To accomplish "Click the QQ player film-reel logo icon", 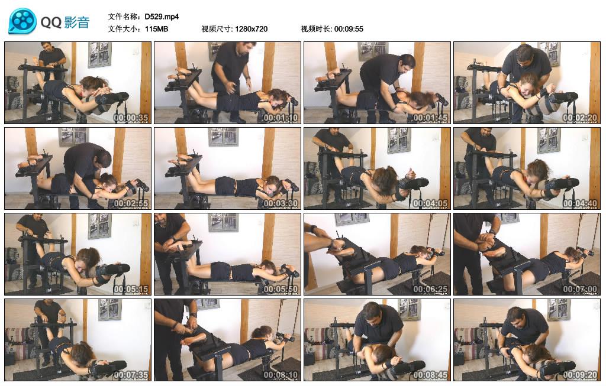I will [x=22, y=22].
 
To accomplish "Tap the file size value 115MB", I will [x=156, y=29].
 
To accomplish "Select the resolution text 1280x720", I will [x=251, y=29].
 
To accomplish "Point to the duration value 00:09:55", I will [x=349, y=29].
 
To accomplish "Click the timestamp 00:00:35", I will [x=131, y=117].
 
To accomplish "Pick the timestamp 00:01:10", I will [x=281, y=117].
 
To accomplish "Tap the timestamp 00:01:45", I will [x=430, y=117].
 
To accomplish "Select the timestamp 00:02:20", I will [x=580, y=117].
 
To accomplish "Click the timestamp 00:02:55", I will [x=131, y=203].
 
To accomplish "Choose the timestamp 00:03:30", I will [x=281, y=203].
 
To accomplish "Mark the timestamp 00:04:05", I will [x=430, y=203].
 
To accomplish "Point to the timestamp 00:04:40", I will [x=580, y=203].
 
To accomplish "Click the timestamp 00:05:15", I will [x=131, y=288].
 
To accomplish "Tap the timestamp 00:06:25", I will [x=430, y=288].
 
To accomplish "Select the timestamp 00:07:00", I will [x=580, y=288].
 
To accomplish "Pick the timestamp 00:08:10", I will [x=281, y=374].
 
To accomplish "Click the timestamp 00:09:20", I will [x=580, y=374].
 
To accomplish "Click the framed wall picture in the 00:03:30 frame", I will [x=223, y=137].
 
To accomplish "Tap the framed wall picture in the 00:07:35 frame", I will [x=109, y=309].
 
